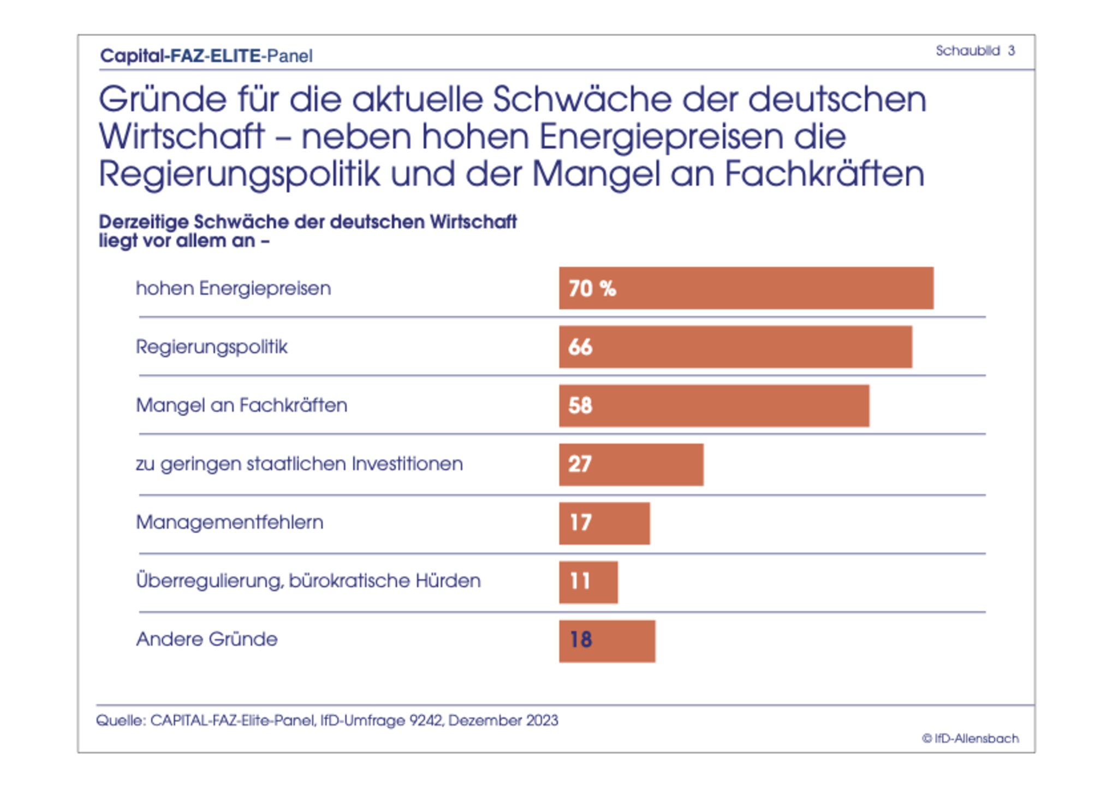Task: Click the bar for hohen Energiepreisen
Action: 746,288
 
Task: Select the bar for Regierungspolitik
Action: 735,347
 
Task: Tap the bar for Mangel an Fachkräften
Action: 713,405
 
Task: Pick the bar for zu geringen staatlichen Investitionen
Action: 631,464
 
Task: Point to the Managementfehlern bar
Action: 604,523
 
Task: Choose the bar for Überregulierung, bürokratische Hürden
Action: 588,581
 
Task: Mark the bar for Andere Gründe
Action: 606,640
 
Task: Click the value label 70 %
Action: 592,288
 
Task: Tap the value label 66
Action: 580,347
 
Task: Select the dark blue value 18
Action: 580,640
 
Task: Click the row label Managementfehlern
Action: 229,522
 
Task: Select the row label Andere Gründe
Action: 206,639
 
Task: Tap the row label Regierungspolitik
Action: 211,347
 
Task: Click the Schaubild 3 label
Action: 975,51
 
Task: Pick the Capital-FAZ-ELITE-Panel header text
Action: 206,56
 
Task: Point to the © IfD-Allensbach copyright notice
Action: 970,739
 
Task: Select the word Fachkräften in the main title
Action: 824,174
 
